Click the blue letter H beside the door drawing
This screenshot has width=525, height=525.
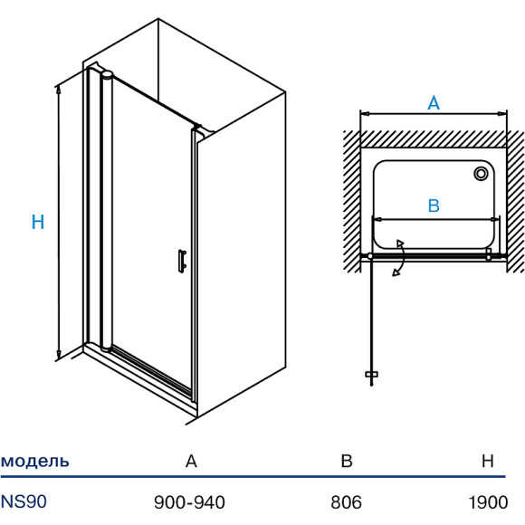38,222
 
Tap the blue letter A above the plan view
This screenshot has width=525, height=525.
434,103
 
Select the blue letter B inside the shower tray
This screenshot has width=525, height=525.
434,205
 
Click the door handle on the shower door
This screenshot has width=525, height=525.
182,262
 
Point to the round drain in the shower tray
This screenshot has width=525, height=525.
481,174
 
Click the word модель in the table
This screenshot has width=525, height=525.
34,461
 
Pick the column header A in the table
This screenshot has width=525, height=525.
191,461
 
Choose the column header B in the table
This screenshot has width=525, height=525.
347,461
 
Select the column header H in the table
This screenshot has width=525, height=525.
488,461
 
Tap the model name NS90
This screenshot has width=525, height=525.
24,501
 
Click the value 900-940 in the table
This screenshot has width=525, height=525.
189,502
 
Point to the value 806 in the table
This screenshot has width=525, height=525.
346,502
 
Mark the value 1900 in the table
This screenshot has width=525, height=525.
488,502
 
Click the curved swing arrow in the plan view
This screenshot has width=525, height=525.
403,257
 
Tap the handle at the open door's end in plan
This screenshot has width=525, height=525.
371,374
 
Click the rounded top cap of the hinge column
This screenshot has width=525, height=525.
107,74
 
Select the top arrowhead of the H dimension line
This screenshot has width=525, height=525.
58,89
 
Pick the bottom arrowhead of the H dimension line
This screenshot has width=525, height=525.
59,354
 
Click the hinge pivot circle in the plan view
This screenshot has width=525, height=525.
370,256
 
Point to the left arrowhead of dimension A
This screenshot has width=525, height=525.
365,114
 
